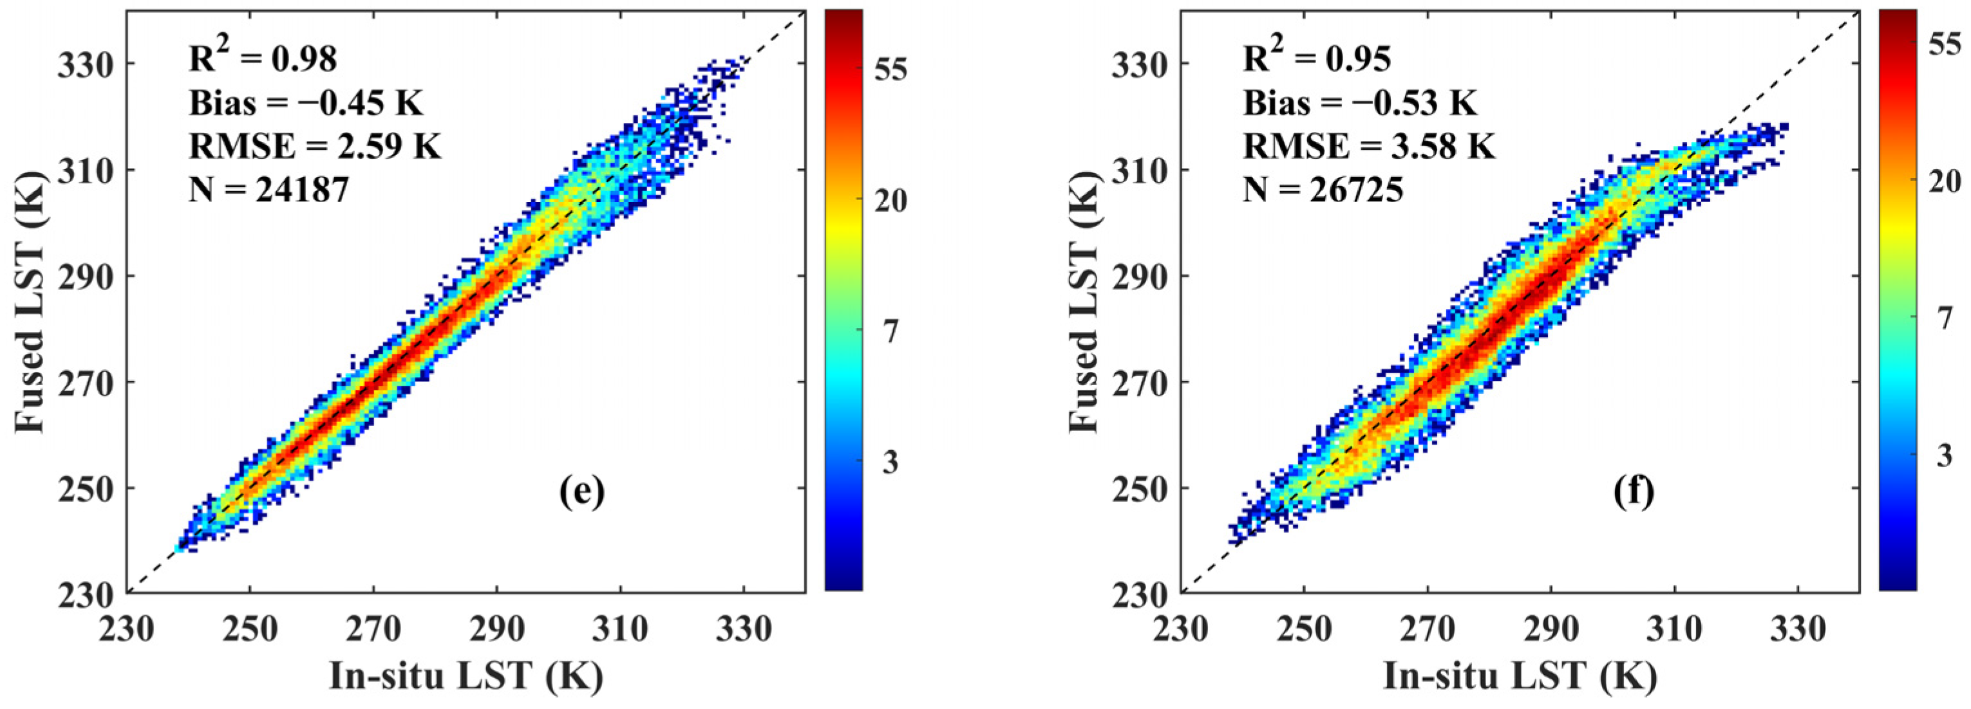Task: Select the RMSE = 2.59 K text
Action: (x=314, y=145)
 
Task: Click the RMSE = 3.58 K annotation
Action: (x=1368, y=145)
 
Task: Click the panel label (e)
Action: (x=581, y=492)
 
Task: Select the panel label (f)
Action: (x=1634, y=492)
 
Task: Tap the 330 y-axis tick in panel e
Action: (x=82, y=64)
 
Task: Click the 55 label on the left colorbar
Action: (x=890, y=70)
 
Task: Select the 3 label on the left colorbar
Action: (x=890, y=462)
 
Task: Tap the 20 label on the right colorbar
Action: (x=1944, y=181)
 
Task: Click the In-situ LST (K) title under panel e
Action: (x=466, y=676)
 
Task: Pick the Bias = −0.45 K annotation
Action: (x=305, y=102)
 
